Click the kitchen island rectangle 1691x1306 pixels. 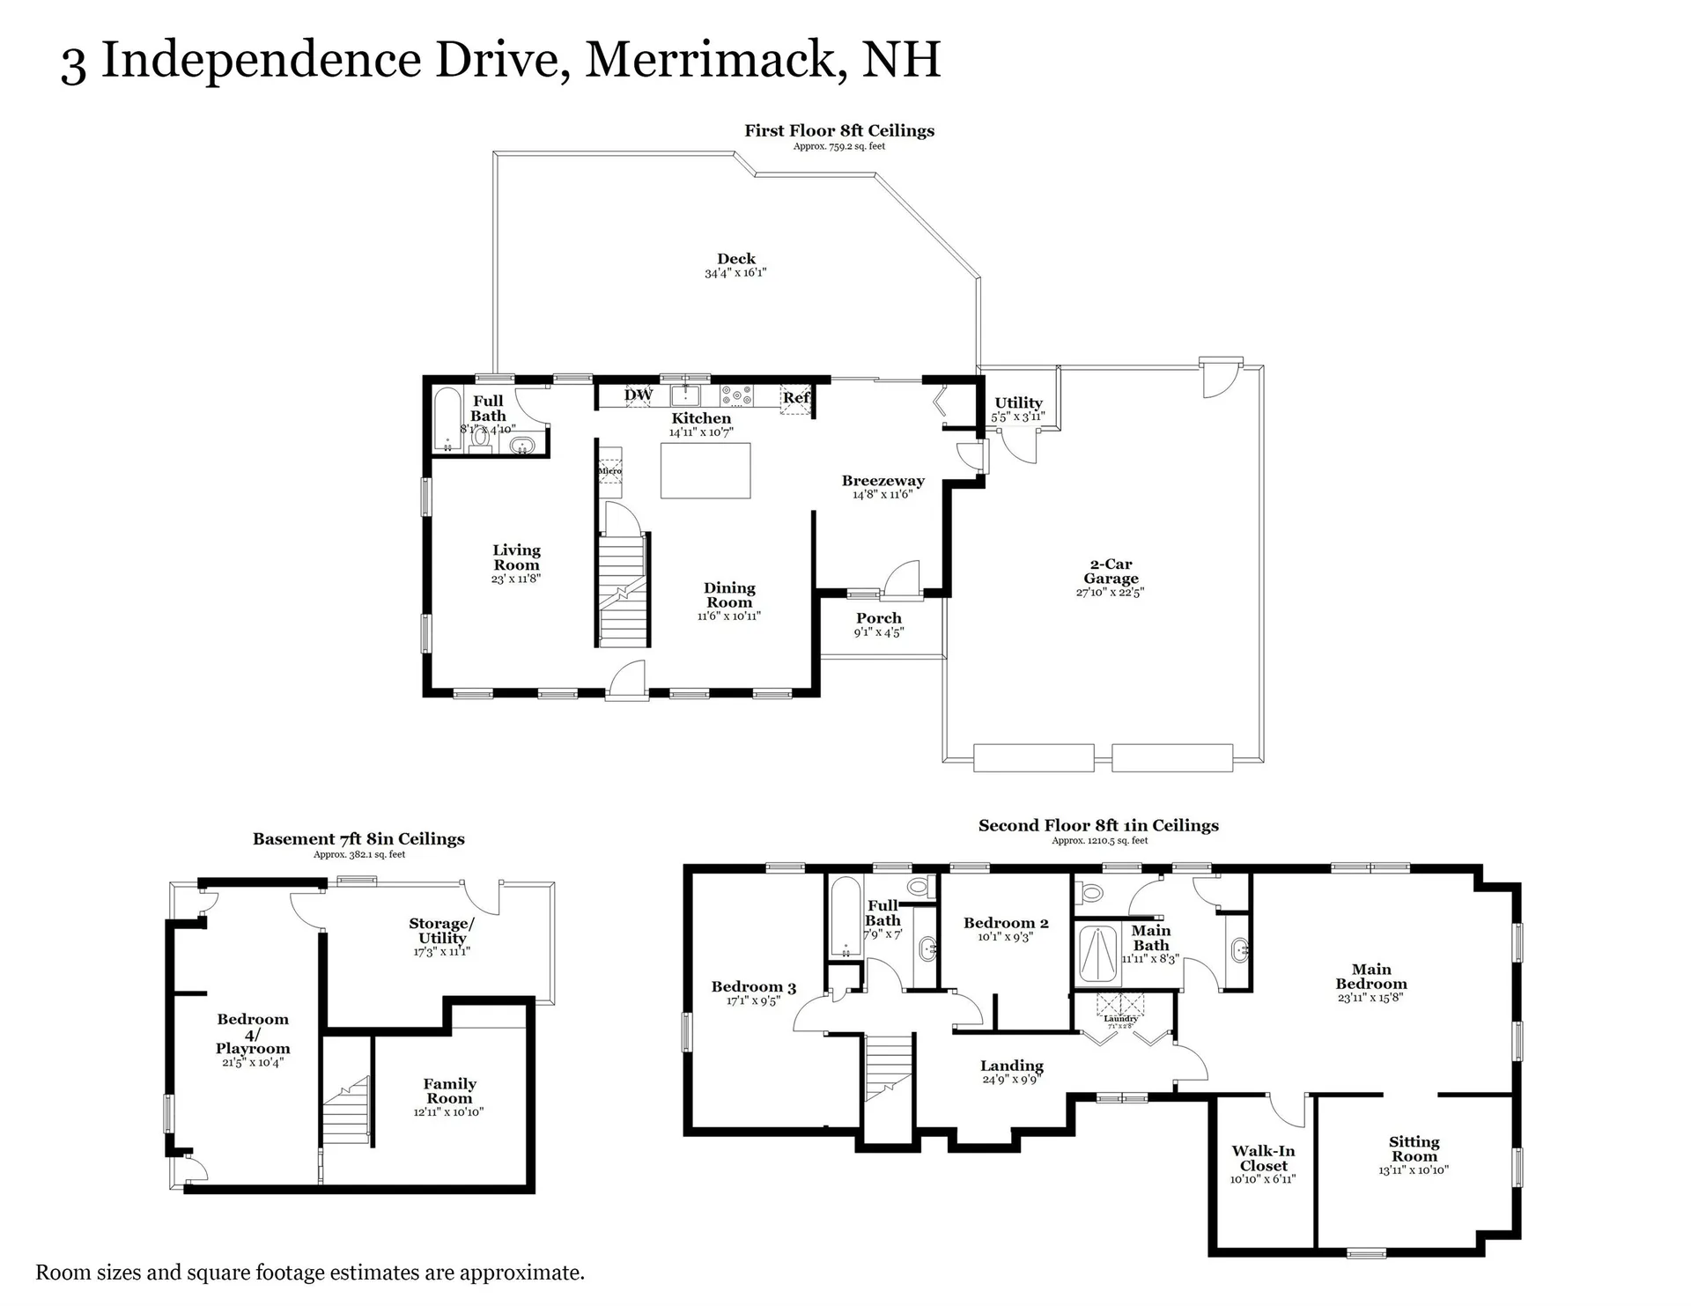pyautogui.click(x=705, y=470)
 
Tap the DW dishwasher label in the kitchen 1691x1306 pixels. pyautogui.click(x=639, y=395)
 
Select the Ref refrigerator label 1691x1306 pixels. pyautogui.click(x=795, y=397)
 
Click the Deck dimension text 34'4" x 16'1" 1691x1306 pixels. pyautogui.click(x=735, y=273)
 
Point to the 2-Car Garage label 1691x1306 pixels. pyautogui.click(x=1111, y=571)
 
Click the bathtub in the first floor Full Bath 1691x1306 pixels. pyautogui.click(x=447, y=419)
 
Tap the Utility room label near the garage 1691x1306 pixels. pyautogui.click(x=1018, y=402)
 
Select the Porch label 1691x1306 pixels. pyautogui.click(x=878, y=618)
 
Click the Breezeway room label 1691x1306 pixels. pyautogui.click(x=882, y=481)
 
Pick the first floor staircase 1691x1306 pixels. pyautogui.click(x=623, y=590)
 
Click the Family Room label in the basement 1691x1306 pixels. pyautogui.click(x=449, y=1091)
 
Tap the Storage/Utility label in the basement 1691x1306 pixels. pyautogui.click(x=441, y=931)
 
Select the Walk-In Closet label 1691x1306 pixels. pyautogui.click(x=1263, y=1158)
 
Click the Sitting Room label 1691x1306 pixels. pyautogui.click(x=1414, y=1149)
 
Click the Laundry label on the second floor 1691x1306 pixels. pyautogui.click(x=1120, y=1018)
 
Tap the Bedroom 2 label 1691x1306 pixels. pyautogui.click(x=1006, y=923)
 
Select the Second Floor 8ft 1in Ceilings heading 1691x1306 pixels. pyautogui.click(x=1098, y=825)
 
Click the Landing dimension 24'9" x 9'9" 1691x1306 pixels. pyautogui.click(x=1011, y=1080)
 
